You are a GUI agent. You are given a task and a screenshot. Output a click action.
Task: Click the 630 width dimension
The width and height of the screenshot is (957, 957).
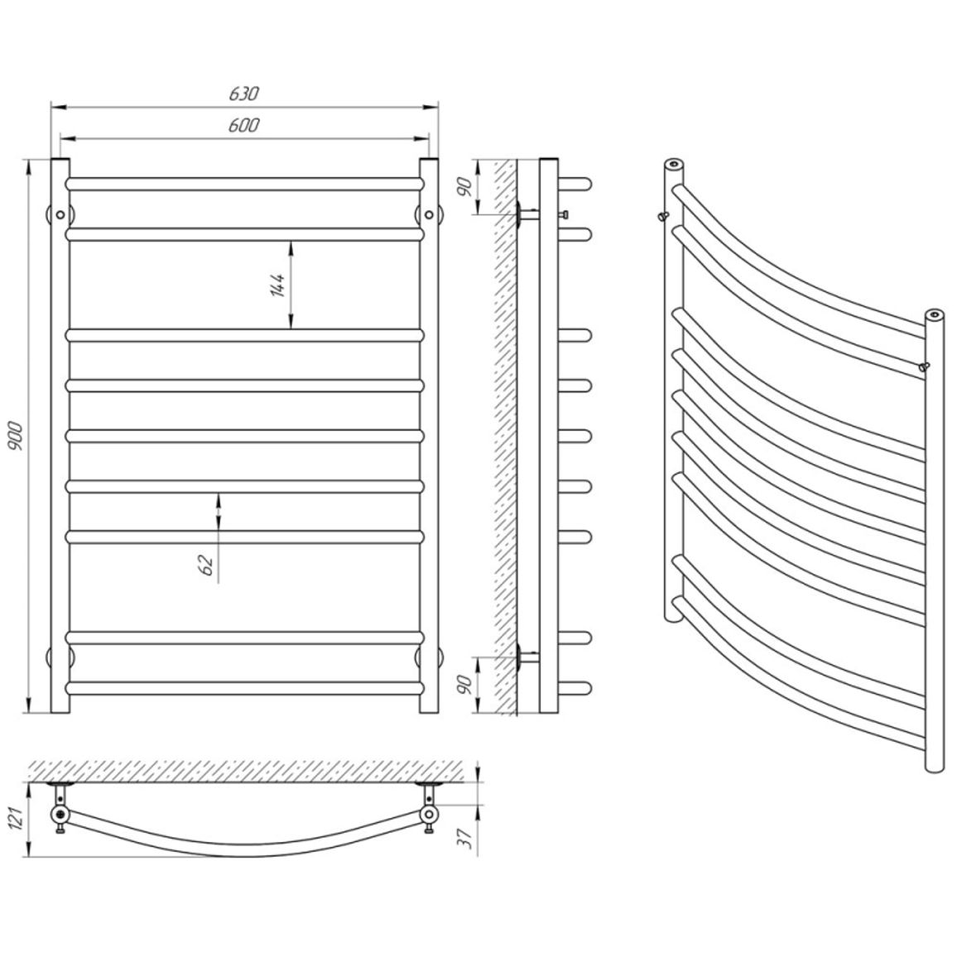[244, 94]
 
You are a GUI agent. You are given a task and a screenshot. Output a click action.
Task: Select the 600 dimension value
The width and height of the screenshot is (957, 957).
[244, 125]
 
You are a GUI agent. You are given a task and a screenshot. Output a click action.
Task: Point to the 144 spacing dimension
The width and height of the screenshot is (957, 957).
[277, 285]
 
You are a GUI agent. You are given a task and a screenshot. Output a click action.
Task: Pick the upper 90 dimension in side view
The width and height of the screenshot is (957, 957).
[464, 187]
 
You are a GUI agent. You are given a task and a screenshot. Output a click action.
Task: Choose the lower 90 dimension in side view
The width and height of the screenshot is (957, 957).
[464, 684]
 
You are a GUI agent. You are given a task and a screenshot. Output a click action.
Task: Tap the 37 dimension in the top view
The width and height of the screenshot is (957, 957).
[468, 839]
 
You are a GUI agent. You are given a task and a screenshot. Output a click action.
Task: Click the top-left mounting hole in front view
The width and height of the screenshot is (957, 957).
[60, 215]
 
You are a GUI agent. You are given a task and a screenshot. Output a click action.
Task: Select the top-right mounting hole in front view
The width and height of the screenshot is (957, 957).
[429, 215]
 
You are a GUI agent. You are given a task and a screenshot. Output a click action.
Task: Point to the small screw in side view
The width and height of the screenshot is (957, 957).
[564, 214]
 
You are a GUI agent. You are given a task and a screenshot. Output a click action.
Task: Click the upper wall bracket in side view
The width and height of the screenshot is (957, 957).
[527, 214]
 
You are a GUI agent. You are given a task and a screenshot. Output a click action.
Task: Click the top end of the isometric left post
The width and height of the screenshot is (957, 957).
[674, 164]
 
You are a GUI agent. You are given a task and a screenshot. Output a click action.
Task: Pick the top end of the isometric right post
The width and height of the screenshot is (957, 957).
[935, 315]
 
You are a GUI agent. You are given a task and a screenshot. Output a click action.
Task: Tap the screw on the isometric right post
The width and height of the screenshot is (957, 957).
[923, 366]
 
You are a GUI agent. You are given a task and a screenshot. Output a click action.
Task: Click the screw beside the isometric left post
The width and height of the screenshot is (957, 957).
[663, 216]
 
